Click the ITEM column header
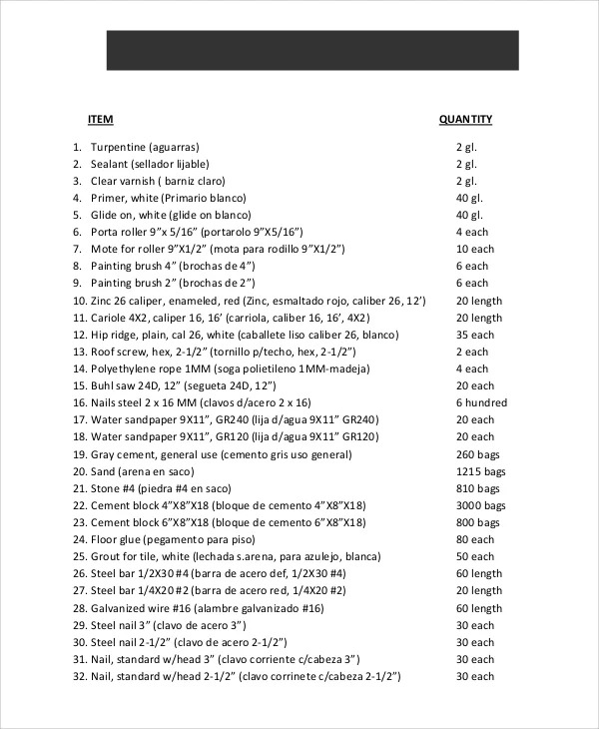coord(101,120)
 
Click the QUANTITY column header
coord(465,120)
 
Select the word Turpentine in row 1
coord(117,146)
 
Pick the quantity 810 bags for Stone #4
coord(475,487)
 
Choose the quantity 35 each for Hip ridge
coord(474,335)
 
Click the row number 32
coord(78,676)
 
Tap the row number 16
coord(78,401)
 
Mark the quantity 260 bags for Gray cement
coord(475,453)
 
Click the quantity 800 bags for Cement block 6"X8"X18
coord(475,522)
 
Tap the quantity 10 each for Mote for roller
coord(474,249)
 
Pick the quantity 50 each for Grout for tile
coord(474,556)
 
